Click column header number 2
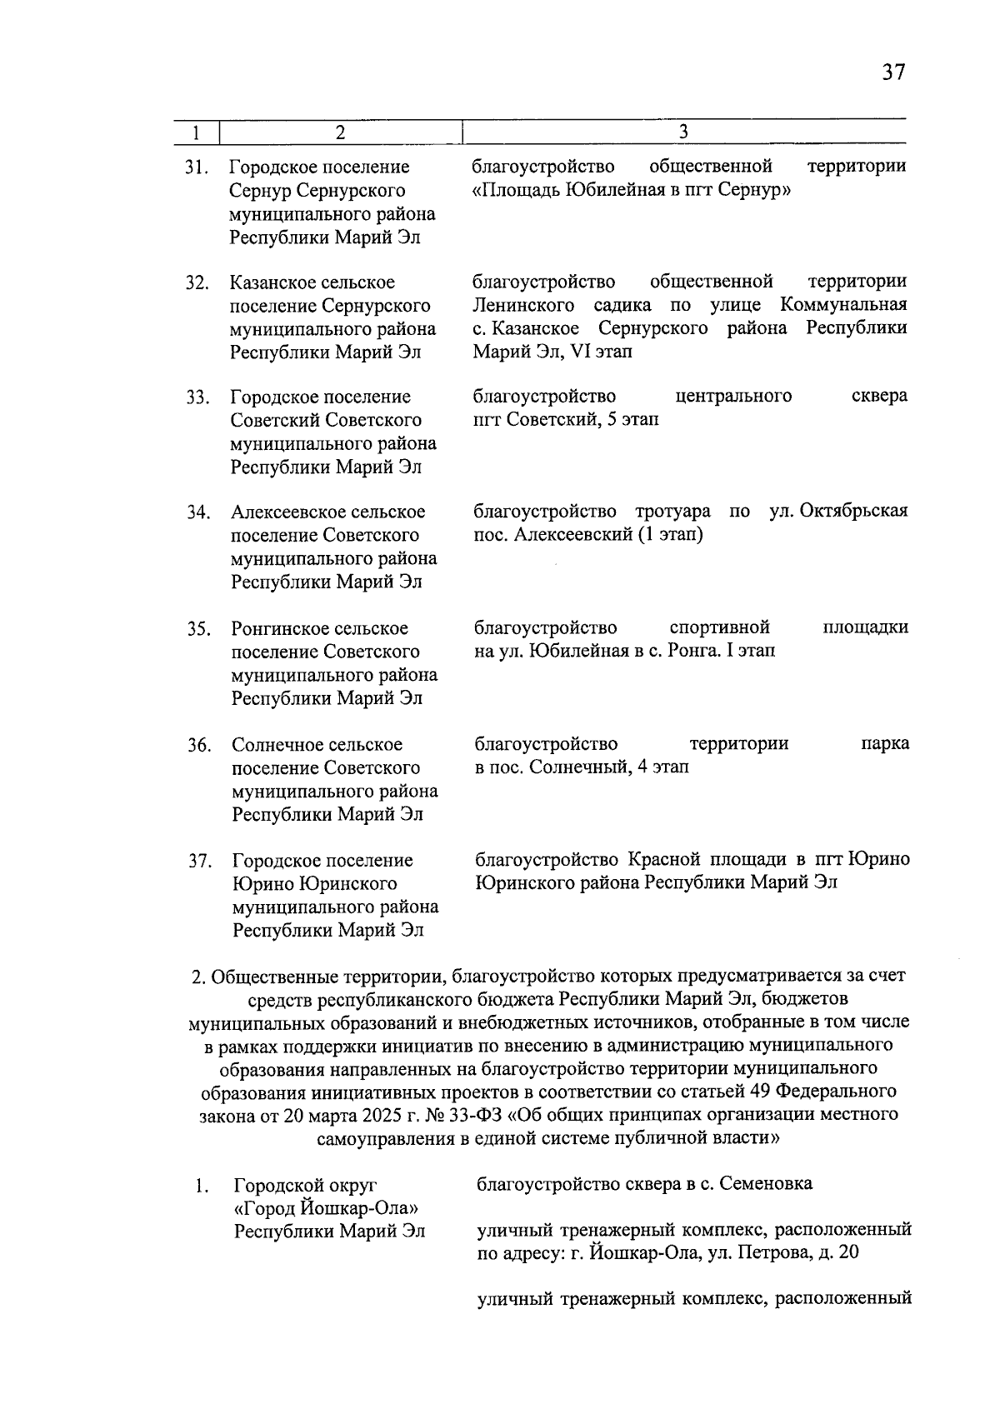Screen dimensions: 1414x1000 click(339, 132)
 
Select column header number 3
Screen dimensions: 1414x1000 click(683, 132)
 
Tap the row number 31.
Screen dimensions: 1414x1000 click(197, 167)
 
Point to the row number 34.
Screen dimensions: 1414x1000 click(197, 512)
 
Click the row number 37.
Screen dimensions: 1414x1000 click(199, 861)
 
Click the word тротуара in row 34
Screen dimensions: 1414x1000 click(672, 511)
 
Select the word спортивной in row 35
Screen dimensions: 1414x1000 click(719, 627)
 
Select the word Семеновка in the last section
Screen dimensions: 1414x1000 click(767, 1184)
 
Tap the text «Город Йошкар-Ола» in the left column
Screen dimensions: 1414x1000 click(326, 1208)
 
